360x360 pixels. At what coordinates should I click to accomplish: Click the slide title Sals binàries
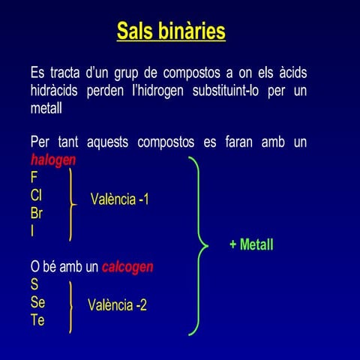click(171, 31)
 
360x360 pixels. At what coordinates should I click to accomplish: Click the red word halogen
click(53, 160)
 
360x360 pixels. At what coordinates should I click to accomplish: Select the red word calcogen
click(127, 267)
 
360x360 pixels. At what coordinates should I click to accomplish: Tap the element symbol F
click(34, 178)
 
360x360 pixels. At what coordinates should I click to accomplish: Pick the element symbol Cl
click(36, 195)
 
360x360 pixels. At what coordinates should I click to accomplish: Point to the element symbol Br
click(37, 213)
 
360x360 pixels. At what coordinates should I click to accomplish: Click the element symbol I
click(32, 230)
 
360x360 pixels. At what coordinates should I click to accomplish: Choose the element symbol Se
click(37, 302)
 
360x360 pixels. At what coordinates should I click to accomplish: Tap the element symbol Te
click(37, 320)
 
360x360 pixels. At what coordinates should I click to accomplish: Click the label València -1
click(120, 199)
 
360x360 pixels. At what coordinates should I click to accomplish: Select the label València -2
click(117, 305)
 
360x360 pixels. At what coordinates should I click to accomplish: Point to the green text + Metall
click(251, 245)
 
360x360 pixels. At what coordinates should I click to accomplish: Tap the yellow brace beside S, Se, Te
click(70, 306)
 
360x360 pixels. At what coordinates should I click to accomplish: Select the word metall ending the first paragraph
click(46, 109)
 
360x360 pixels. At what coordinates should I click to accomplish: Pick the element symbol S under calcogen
click(34, 285)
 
